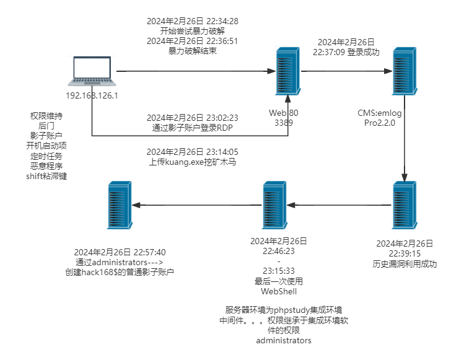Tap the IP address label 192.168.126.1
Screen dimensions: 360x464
click(x=92, y=95)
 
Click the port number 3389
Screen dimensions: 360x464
click(x=284, y=123)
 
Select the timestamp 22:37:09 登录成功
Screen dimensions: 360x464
click(x=346, y=53)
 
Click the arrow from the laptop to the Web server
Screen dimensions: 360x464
click(x=192, y=72)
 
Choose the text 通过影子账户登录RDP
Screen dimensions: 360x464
click(x=193, y=127)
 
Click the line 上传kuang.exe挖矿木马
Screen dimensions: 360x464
click(x=193, y=161)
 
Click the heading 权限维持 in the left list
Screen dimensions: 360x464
click(x=46, y=116)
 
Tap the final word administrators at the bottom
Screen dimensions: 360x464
click(x=284, y=340)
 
